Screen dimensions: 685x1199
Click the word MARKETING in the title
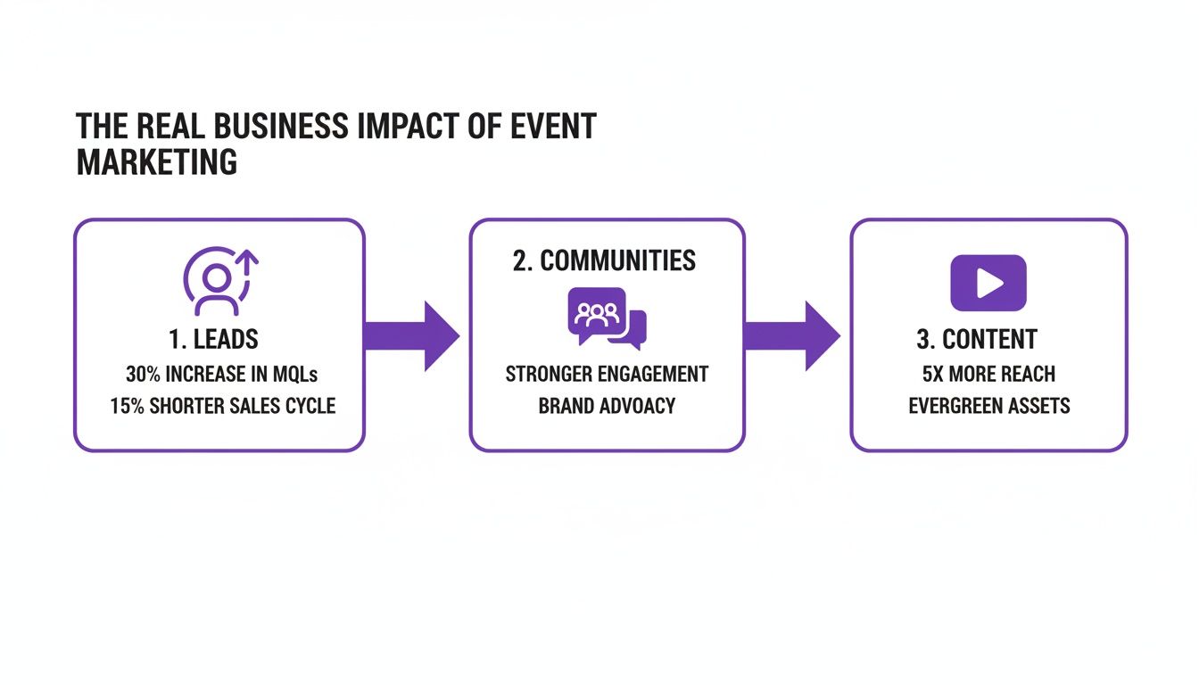(157, 162)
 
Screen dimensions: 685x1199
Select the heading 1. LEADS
(213, 339)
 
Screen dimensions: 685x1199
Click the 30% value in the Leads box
(142, 374)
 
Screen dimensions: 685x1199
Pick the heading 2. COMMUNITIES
(605, 260)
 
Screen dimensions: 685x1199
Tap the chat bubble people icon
(606, 318)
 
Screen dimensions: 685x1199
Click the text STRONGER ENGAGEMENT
(607, 374)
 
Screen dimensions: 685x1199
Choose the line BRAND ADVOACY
(607, 406)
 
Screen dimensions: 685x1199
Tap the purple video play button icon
(988, 283)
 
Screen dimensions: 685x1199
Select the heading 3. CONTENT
(977, 339)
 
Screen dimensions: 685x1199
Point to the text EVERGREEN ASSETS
(988, 406)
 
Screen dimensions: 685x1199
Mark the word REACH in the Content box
(1027, 374)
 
